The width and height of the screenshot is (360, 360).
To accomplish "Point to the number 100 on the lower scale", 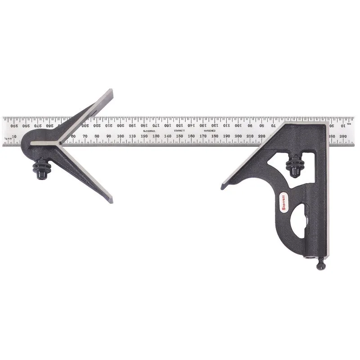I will [x=121, y=136].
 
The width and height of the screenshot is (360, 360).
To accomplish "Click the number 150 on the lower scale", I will [x=179, y=136].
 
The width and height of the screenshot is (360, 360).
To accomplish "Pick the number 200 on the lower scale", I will [x=238, y=136].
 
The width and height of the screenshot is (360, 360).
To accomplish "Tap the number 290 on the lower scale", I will [x=343, y=136].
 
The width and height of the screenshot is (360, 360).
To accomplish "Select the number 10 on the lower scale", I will [x=14, y=136].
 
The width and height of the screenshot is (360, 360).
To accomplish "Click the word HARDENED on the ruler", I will [x=209, y=130].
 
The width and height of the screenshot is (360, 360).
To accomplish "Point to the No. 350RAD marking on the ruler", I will [x=148, y=130].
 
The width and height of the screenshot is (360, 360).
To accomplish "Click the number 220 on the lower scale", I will [x=261, y=136].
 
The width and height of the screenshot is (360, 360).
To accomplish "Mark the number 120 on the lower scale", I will [x=144, y=136].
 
